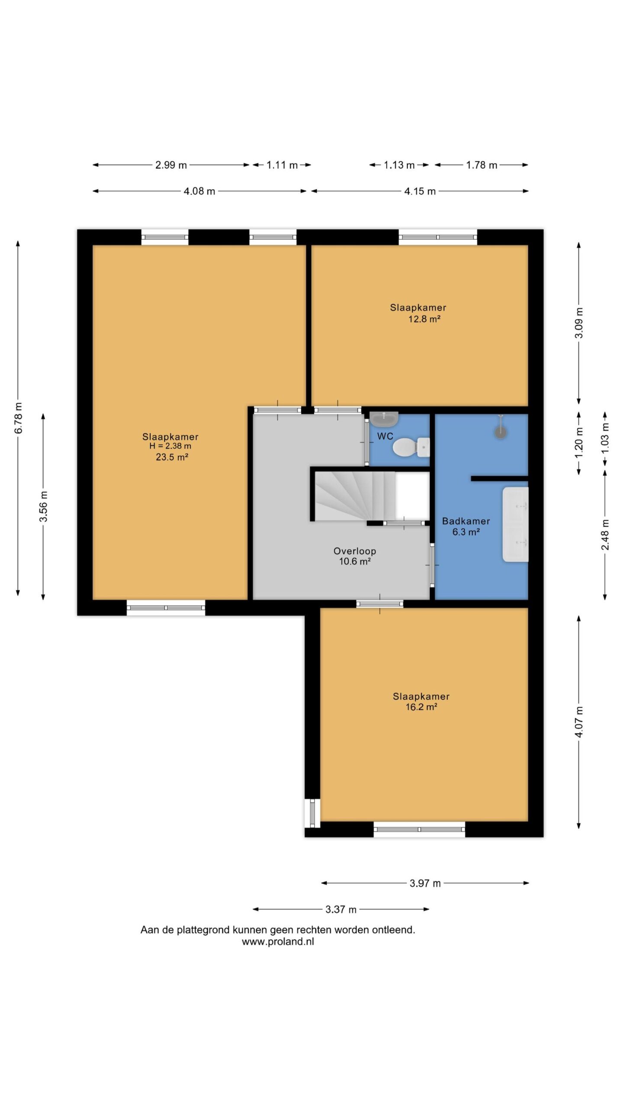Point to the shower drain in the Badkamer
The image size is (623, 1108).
pyautogui.click(x=501, y=431)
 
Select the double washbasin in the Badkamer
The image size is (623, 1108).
pyautogui.click(x=515, y=524)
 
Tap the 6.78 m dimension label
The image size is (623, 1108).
pyautogui.click(x=18, y=418)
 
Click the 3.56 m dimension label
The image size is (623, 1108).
pyautogui.click(x=43, y=506)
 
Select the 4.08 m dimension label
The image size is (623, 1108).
pyautogui.click(x=199, y=191)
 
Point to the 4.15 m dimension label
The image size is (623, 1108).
pyautogui.click(x=420, y=191)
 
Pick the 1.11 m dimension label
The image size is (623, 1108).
pyautogui.click(x=282, y=165)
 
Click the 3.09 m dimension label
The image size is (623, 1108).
pyautogui.click(x=580, y=323)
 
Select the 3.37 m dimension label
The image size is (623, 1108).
pyautogui.click(x=341, y=909)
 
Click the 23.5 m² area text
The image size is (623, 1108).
pyautogui.click(x=172, y=457)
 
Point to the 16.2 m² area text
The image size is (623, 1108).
pyautogui.click(x=421, y=707)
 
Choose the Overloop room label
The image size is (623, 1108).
pyautogui.click(x=355, y=551)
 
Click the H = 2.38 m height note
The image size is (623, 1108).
pyautogui.click(x=170, y=446)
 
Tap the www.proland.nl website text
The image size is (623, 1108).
pyautogui.click(x=278, y=942)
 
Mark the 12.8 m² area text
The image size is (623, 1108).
pyautogui.click(x=424, y=319)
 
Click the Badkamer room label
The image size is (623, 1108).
pyautogui.click(x=466, y=521)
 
